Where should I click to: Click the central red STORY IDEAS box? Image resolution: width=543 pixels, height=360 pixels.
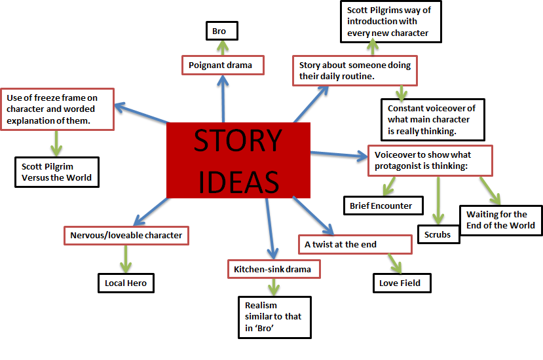click(238, 160)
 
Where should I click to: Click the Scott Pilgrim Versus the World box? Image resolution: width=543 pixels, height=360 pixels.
click(56, 171)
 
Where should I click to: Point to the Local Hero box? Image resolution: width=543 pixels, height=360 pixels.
click(125, 283)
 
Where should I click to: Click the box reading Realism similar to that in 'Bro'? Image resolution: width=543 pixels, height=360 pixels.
click(274, 316)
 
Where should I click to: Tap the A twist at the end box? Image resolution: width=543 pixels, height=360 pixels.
click(355, 244)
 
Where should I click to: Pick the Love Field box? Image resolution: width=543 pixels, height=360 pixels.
click(400, 283)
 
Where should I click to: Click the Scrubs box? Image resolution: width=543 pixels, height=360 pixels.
click(438, 234)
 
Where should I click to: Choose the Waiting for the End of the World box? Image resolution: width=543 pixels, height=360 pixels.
click(500, 220)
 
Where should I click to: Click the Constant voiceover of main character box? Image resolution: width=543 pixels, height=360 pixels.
click(432, 119)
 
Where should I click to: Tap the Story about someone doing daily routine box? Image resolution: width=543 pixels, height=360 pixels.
click(355, 71)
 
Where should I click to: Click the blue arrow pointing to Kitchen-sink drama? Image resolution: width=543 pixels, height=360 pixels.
click(269, 228)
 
